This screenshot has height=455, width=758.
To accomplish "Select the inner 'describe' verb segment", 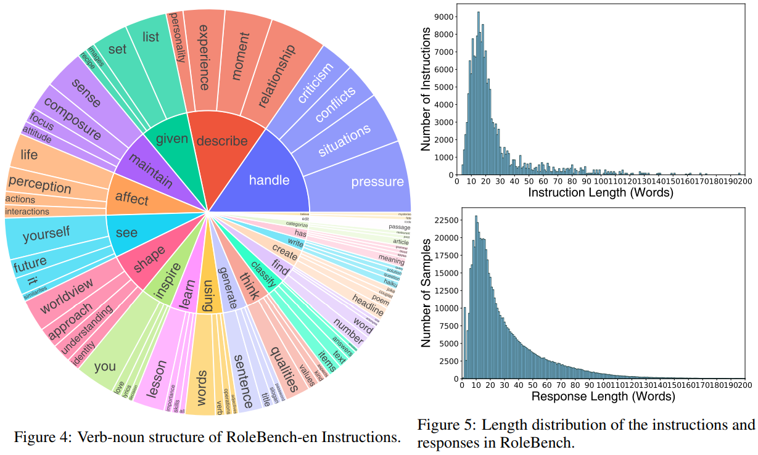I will coord(221,141).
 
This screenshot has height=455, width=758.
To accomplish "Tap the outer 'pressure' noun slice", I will coord(377,182).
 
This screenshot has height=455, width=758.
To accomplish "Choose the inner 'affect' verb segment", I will coord(132,199).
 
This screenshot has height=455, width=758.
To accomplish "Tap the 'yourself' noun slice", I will coord(46,235).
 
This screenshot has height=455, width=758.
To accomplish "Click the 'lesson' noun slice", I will coord(157,380).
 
